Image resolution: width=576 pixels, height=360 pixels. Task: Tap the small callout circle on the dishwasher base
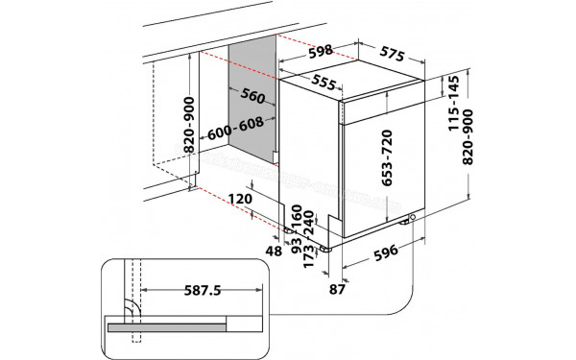coord(411,217)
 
